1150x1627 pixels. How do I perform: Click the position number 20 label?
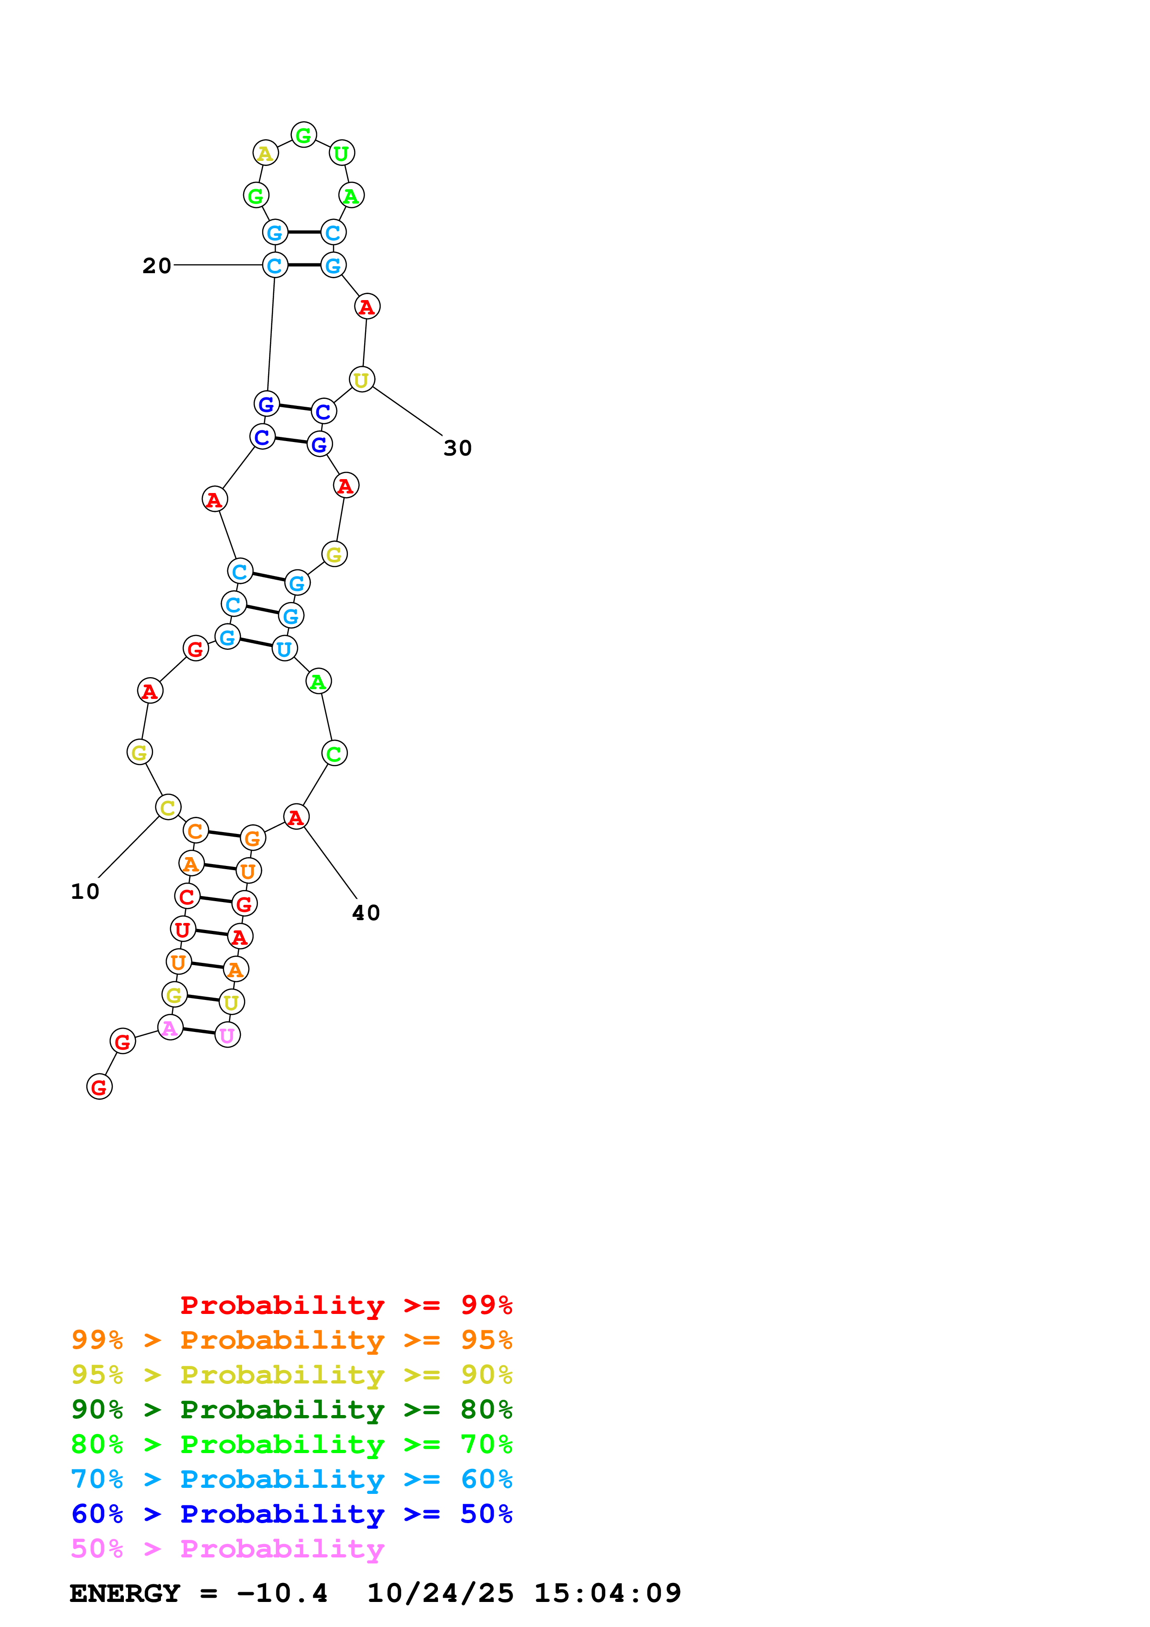[x=157, y=266]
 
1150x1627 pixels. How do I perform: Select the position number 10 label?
[x=85, y=891]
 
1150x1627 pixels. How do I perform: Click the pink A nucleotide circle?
[x=170, y=1027]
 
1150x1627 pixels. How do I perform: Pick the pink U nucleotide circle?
[x=227, y=1035]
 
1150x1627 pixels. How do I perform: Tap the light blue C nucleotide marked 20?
[x=275, y=266]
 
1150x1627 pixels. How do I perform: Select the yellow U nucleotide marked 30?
[x=361, y=380]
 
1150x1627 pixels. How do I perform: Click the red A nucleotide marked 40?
[x=296, y=817]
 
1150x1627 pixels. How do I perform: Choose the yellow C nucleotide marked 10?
[x=168, y=807]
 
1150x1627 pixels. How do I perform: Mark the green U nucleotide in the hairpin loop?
[x=341, y=153]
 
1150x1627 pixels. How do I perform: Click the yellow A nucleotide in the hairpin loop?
[x=265, y=153]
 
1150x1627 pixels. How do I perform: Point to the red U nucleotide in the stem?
[x=183, y=929]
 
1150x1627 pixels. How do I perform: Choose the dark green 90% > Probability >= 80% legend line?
[x=291, y=1409]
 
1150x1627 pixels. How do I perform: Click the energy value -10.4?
[x=282, y=1593]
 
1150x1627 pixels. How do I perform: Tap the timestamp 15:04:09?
[x=607, y=1593]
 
